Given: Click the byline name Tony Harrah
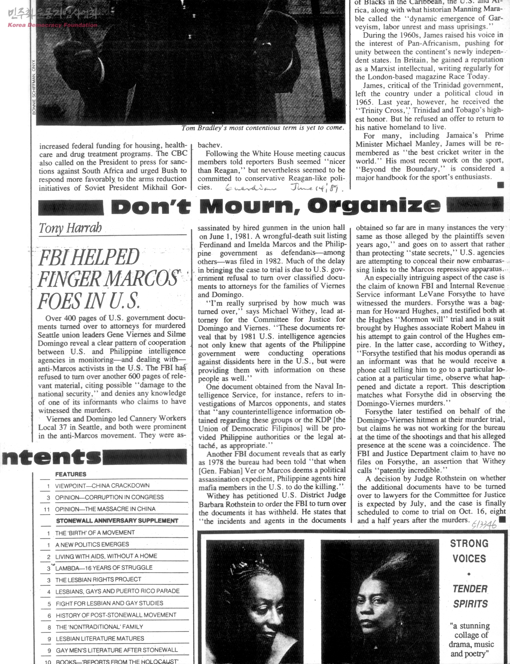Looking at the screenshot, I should click(70, 228).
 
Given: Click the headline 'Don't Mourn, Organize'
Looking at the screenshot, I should click(275, 205).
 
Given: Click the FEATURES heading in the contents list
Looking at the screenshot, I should click(71, 474).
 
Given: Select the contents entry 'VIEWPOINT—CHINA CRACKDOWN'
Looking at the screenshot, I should click(102, 486).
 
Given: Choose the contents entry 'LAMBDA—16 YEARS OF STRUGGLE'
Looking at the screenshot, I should click(104, 568).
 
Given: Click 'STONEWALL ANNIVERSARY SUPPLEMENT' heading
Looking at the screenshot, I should click(117, 521).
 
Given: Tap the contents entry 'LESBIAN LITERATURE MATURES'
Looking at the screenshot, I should click(100, 638).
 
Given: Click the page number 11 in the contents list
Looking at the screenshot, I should click(47, 509).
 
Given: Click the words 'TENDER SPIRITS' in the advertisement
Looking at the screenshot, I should click(470, 596).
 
